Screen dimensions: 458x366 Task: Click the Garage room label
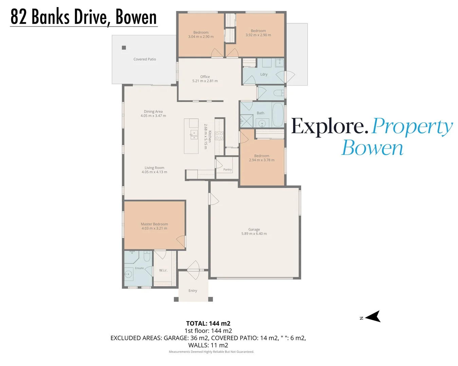(x=254, y=229)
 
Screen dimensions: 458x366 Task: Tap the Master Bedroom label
(x=154, y=224)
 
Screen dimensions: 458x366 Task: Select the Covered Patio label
(x=145, y=59)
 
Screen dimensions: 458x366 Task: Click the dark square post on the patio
(x=124, y=47)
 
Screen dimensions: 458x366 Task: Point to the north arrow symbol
(x=373, y=317)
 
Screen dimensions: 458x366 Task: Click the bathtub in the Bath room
(x=278, y=115)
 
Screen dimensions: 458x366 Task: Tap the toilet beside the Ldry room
(x=279, y=93)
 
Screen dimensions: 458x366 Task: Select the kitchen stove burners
(x=219, y=136)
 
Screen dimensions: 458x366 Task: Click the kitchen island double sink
(x=194, y=135)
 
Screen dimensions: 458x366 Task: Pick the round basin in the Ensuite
(x=128, y=274)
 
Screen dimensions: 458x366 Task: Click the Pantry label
(x=227, y=169)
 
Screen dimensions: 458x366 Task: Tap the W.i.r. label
(x=163, y=270)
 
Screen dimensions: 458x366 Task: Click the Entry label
(x=193, y=290)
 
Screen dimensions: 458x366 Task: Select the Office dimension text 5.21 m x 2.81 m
(x=205, y=81)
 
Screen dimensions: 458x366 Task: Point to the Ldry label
(x=264, y=74)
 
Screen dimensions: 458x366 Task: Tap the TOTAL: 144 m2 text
(x=208, y=324)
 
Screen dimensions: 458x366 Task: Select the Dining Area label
(x=153, y=111)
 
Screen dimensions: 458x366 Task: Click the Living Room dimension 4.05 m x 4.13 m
(x=154, y=172)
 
